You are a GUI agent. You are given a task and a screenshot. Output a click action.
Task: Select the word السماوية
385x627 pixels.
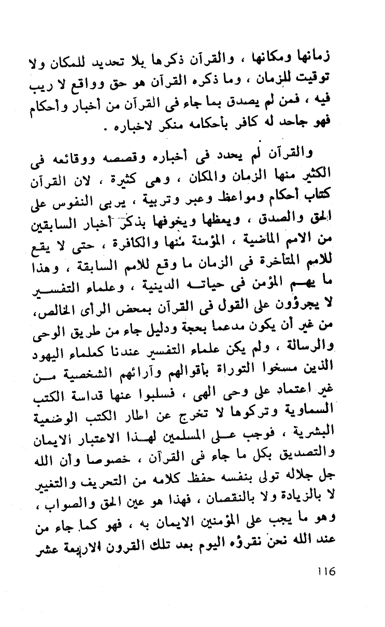309,419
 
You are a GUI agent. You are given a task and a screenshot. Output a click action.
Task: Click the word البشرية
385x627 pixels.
313,438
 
